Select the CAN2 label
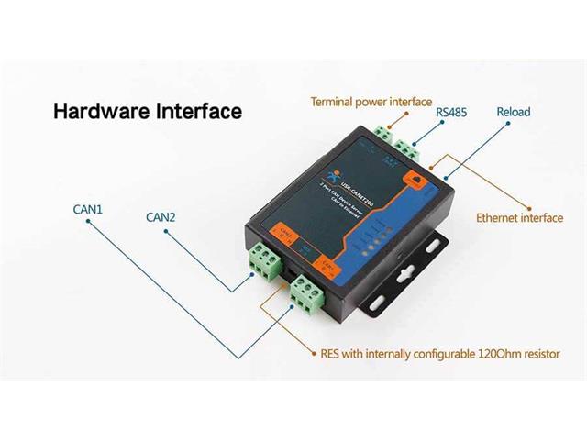(161, 217)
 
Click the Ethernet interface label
(519, 218)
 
